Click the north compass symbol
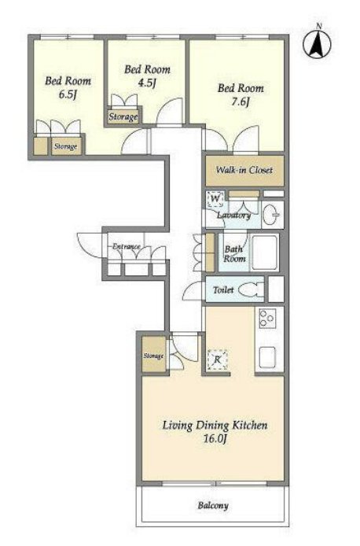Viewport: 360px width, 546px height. [317, 43]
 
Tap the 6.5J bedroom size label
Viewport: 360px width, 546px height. [68, 94]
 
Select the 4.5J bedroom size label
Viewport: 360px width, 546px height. [147, 83]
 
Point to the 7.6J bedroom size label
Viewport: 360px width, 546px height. [241, 101]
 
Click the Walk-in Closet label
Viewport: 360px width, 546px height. [244, 170]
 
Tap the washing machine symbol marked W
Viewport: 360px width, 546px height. [215, 199]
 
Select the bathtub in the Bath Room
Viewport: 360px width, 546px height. [264, 253]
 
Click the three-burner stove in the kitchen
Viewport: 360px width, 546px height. [267, 318]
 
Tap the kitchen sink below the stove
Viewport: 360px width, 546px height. [266, 357]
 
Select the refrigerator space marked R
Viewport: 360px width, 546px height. [217, 360]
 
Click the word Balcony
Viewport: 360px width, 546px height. [213, 505]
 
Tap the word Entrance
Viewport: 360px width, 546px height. [127, 246]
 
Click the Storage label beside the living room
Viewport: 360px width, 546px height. [153, 356]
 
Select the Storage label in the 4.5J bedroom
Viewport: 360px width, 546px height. [123, 117]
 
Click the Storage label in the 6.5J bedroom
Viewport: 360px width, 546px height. [65, 147]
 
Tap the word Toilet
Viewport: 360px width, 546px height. [223, 290]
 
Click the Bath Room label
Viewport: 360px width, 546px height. [234, 254]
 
